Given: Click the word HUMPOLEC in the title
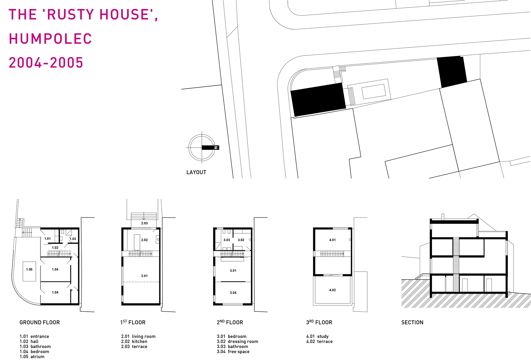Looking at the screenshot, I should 50,39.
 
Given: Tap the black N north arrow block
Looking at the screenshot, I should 210,148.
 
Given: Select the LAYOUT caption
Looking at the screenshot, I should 196,172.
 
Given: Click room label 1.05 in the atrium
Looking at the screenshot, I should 29,269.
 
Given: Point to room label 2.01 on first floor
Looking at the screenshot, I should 144,276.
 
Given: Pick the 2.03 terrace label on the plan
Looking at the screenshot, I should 144,223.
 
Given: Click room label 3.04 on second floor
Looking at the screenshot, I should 233,293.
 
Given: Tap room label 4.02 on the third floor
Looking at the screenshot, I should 332,290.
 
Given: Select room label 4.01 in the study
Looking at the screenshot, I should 332,240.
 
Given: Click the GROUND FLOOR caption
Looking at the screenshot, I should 40,322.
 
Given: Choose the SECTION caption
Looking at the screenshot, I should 412,322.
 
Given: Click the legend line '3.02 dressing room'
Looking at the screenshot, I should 237,341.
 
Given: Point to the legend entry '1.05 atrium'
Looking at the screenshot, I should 32,357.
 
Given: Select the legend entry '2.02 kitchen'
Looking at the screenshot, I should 134,341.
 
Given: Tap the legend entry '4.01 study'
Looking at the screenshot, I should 317,336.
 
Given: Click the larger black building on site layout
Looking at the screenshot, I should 318,99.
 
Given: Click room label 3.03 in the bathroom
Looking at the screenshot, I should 227,240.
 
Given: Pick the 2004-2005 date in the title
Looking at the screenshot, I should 46,63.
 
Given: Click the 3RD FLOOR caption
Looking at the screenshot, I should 319,322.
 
